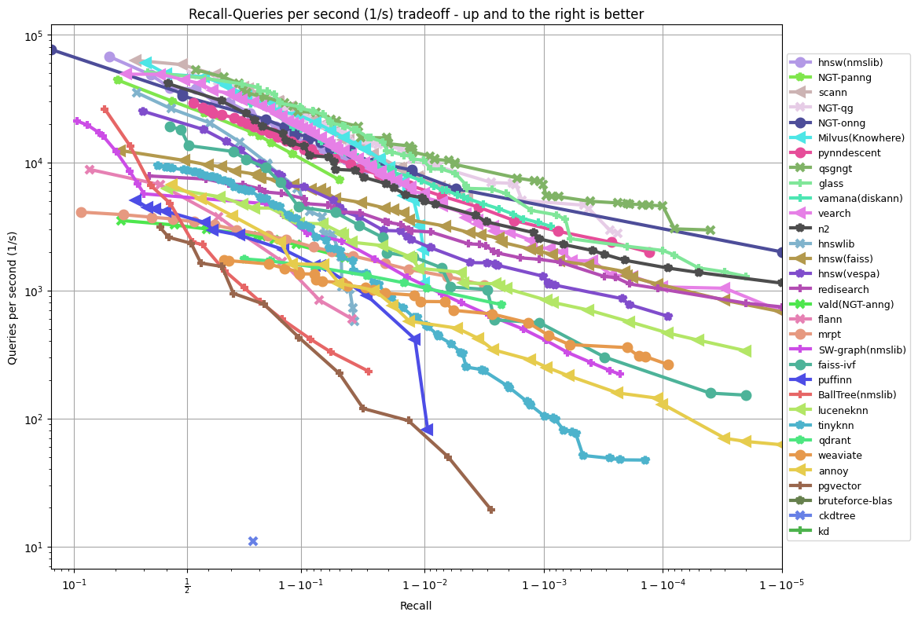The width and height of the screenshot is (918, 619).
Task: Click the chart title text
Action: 417,13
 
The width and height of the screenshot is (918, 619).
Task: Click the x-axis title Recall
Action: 416,606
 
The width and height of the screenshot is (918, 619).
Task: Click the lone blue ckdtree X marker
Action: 253,540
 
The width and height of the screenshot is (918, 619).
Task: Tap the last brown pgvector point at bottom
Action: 490,510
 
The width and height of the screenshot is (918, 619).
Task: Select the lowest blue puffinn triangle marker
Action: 427,430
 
